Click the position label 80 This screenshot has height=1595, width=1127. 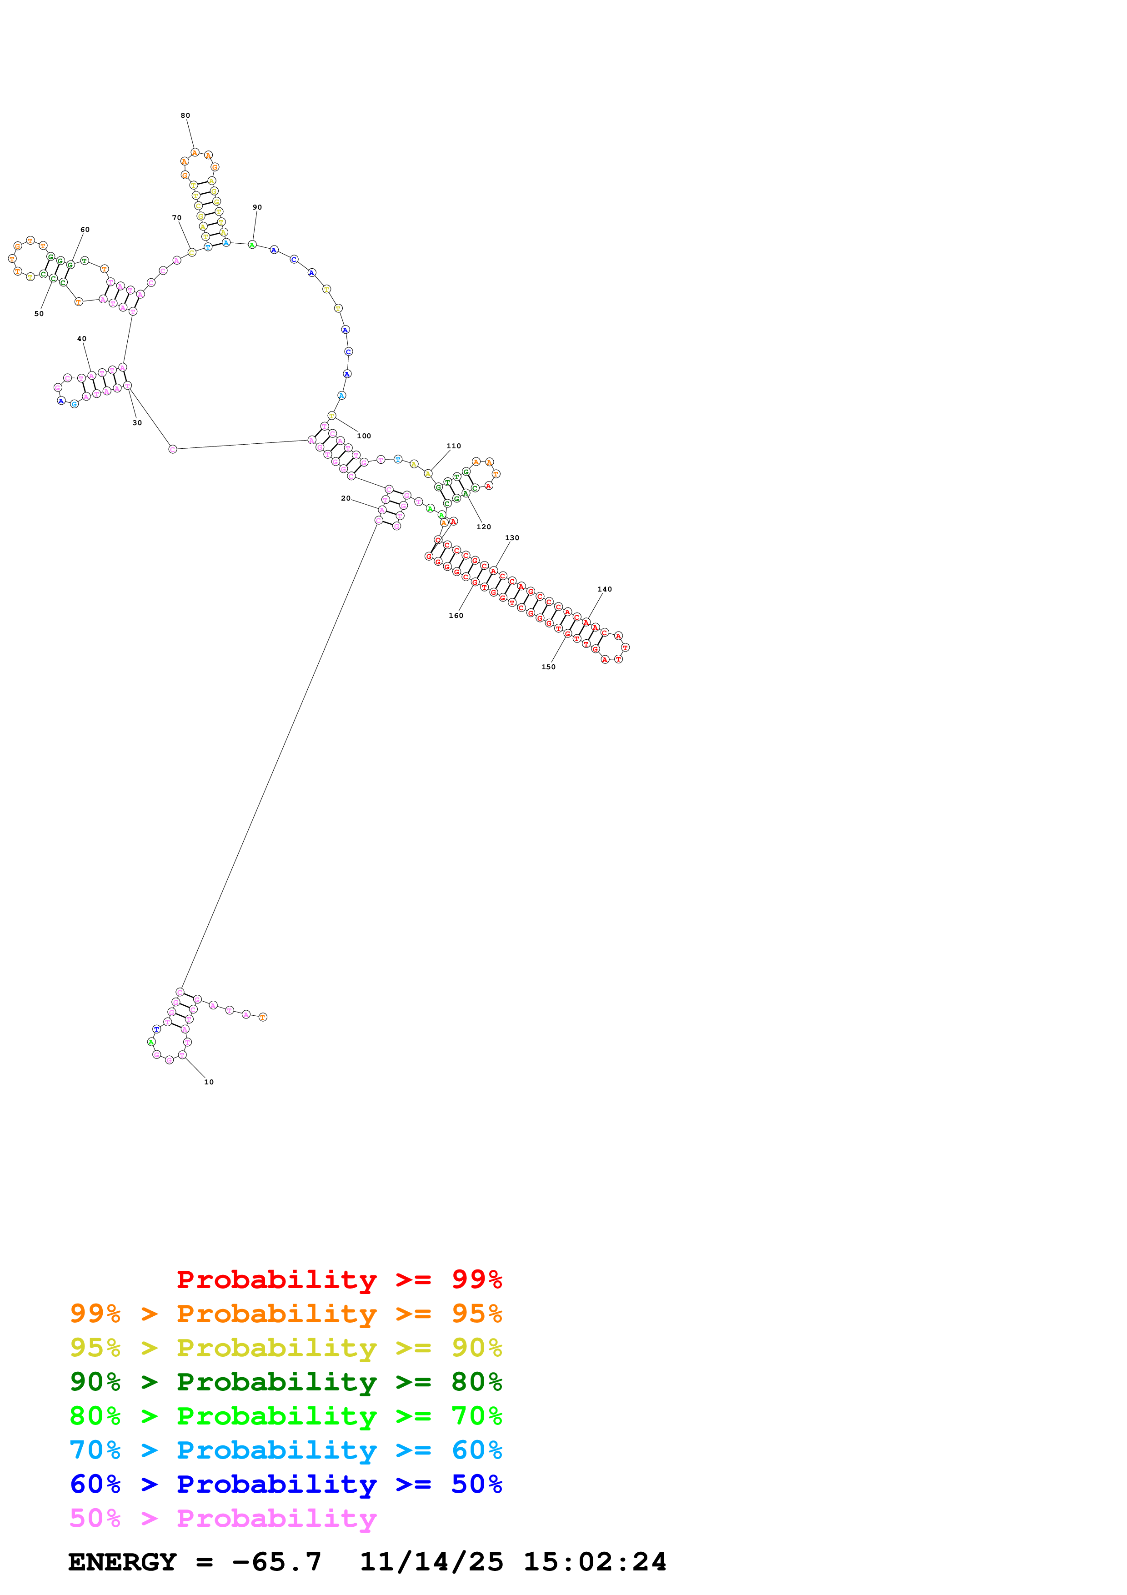(x=185, y=116)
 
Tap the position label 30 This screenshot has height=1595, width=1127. (x=137, y=423)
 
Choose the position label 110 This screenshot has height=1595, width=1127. (x=453, y=446)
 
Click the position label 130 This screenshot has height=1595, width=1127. (x=512, y=538)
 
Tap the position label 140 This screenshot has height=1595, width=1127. (x=605, y=590)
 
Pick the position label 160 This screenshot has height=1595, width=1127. (x=456, y=616)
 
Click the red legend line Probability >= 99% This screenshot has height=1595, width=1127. (x=339, y=1279)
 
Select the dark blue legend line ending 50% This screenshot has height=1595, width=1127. (x=286, y=1485)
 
